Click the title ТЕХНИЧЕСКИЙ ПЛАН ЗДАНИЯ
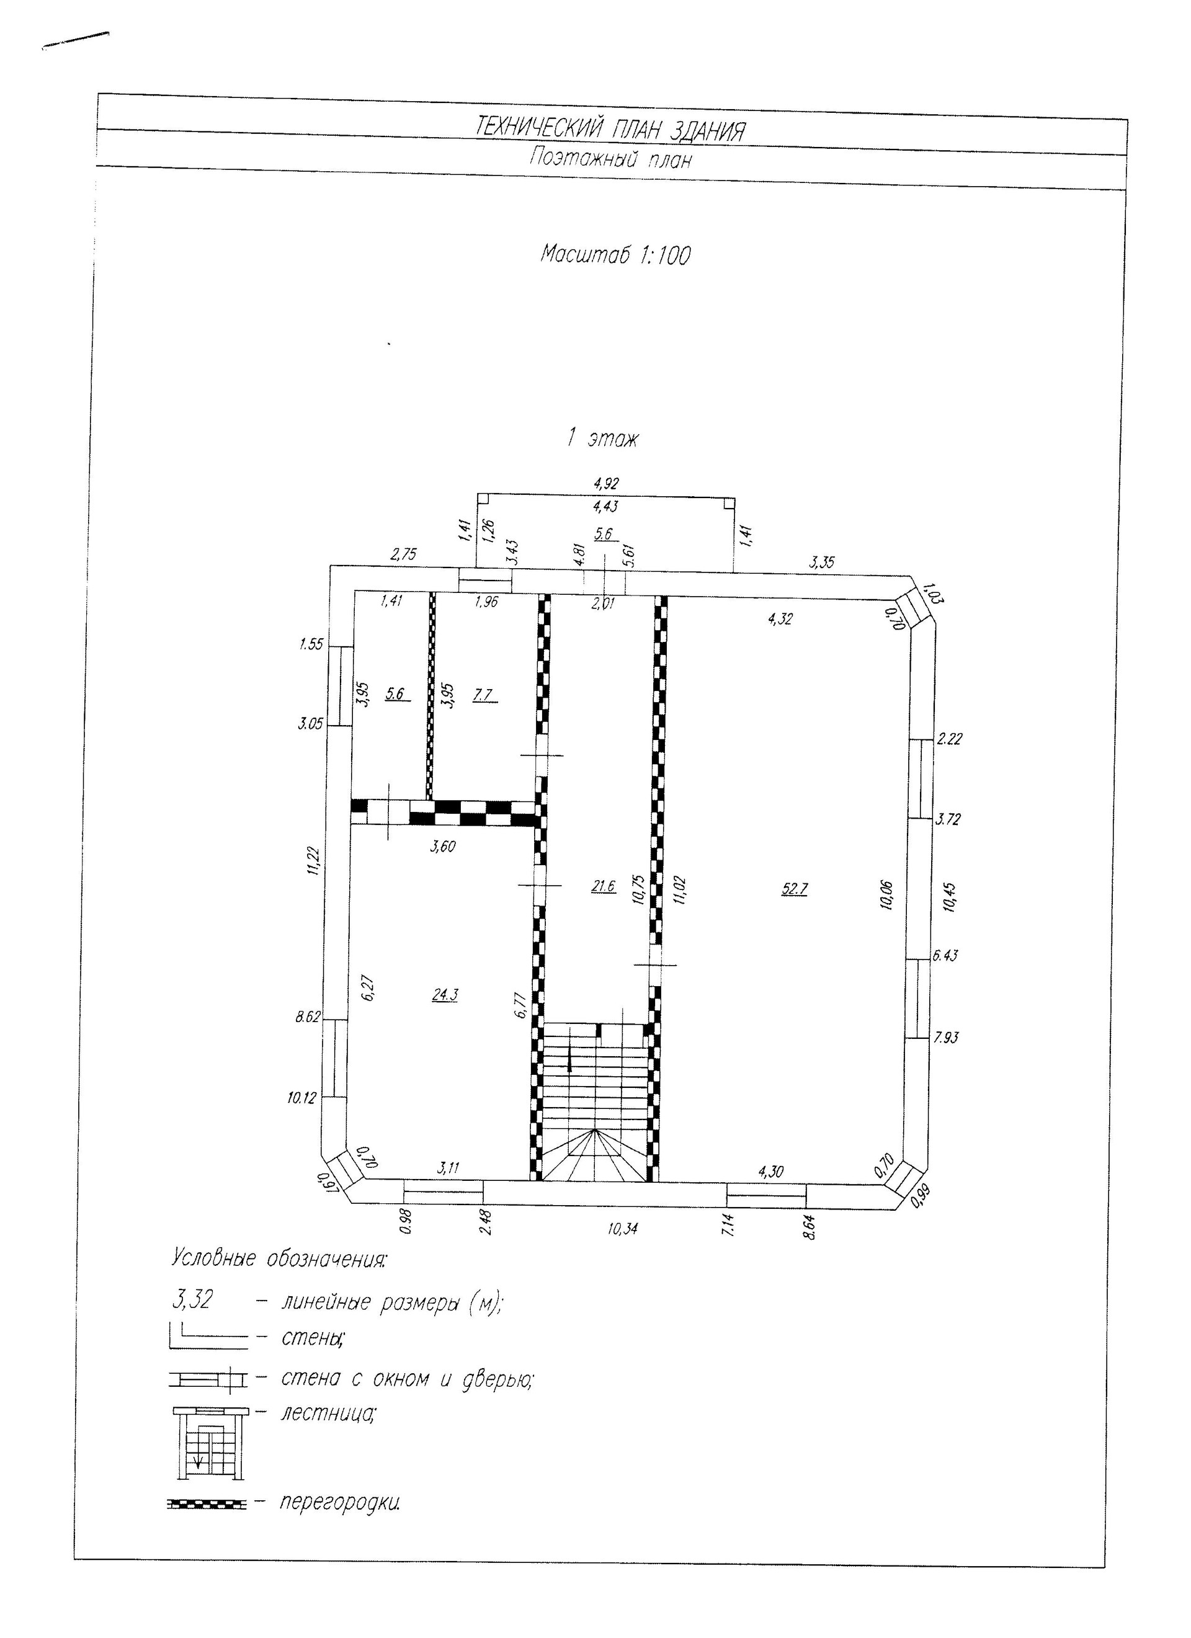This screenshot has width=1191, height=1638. [x=610, y=130]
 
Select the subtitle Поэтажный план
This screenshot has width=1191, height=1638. [x=610, y=158]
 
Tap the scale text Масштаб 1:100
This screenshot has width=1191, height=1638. [x=615, y=255]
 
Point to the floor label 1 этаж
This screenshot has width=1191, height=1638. [x=602, y=438]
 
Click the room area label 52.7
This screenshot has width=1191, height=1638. [x=794, y=889]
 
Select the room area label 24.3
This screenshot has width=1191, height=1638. [x=444, y=995]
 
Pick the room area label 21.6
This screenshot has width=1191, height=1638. [x=603, y=886]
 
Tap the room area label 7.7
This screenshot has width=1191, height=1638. [x=484, y=695]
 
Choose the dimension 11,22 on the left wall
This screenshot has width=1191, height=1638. [x=313, y=861]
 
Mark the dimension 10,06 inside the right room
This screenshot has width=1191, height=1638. [x=887, y=896]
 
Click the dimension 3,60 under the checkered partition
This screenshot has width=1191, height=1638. [x=442, y=847]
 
